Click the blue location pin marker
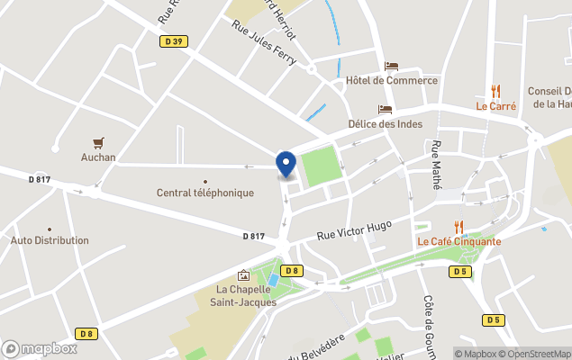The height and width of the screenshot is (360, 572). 286,164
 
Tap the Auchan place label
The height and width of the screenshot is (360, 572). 98,157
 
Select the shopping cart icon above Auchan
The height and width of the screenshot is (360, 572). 98,142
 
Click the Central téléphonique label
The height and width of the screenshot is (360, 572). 205,193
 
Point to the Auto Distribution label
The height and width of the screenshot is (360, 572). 50,240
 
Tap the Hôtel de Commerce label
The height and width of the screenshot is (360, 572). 392,80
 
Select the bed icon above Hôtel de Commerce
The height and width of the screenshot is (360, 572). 391,66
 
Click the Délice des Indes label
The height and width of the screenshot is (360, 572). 385,124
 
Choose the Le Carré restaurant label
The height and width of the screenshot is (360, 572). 496,105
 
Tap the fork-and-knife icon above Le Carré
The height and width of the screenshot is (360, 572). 495,90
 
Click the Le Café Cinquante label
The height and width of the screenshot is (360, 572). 459,241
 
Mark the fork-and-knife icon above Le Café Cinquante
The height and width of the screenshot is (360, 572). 459,226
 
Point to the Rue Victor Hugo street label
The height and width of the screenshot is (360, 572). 354,229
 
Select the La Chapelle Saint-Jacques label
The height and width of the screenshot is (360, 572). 246,295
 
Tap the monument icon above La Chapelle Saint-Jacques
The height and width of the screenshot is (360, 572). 243,274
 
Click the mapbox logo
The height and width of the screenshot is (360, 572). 40,348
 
